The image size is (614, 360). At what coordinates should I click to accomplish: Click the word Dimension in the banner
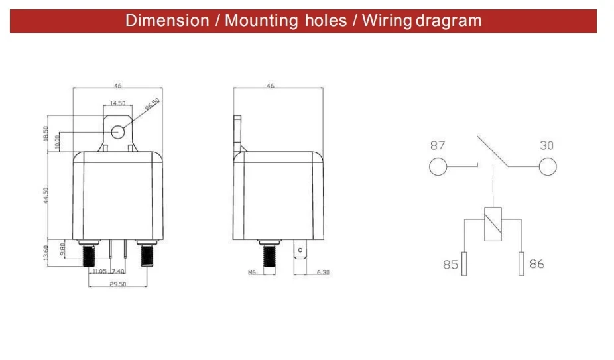click(167, 21)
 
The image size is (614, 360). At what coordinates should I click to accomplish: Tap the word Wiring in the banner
click(387, 21)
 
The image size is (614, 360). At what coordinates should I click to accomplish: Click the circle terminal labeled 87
click(438, 166)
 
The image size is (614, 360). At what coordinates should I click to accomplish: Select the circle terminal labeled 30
click(548, 166)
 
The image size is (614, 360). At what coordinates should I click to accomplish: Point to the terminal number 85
click(450, 265)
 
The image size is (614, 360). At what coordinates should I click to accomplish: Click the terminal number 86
click(537, 264)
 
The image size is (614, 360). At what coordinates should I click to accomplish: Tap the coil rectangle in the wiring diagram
click(493, 223)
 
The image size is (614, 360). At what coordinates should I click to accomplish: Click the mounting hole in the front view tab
click(118, 132)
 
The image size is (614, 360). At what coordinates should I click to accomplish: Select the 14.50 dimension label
click(117, 103)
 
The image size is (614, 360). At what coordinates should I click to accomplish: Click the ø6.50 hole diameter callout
click(153, 104)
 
